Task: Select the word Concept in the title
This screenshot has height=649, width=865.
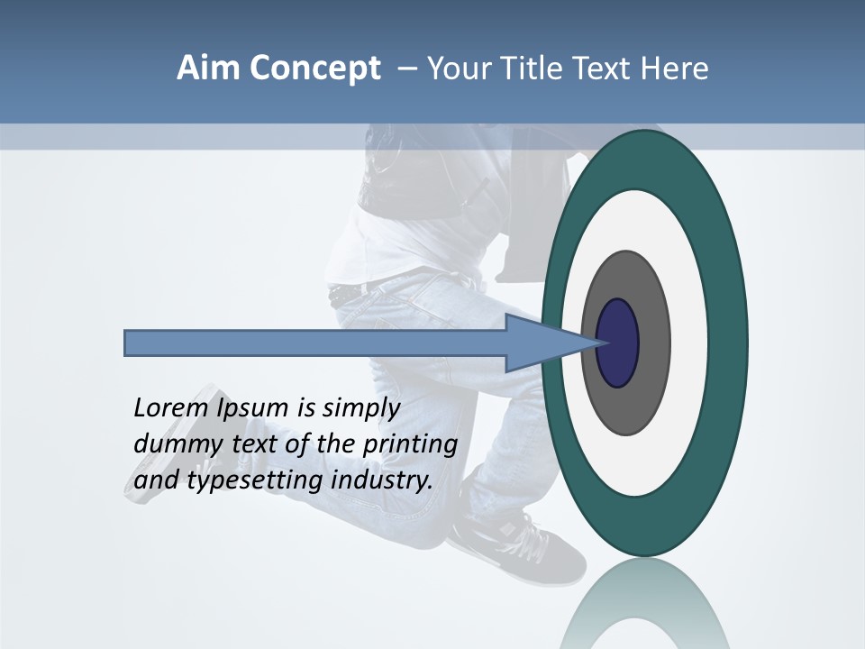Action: [x=314, y=69]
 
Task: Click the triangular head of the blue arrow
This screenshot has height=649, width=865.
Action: [x=541, y=343]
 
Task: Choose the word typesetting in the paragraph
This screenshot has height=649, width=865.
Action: [x=256, y=481]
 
